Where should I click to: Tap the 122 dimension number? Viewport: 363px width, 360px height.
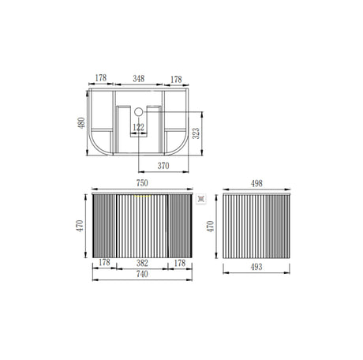[138, 126]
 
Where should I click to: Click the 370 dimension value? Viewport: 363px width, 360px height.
[163, 166]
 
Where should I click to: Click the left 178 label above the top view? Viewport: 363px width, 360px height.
[101, 80]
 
